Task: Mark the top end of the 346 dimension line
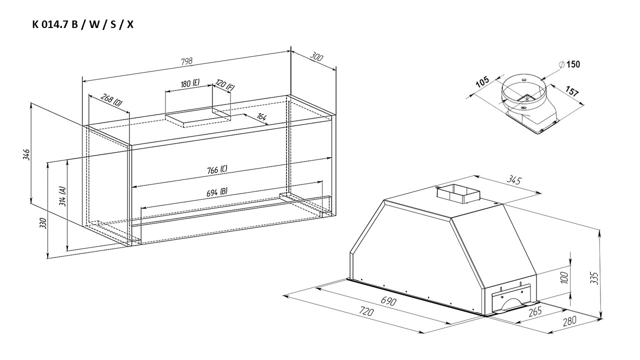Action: click(30, 103)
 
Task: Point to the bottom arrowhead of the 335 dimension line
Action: click(601, 317)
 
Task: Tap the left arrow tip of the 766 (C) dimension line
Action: click(132, 187)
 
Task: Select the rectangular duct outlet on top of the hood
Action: click(458, 194)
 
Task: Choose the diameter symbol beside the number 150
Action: click(561, 64)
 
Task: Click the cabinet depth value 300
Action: click(316, 57)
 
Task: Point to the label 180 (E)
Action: click(190, 83)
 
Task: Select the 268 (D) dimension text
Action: click(111, 100)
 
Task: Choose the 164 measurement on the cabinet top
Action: click(261, 116)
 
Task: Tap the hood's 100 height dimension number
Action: click(564, 277)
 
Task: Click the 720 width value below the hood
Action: click(366, 311)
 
